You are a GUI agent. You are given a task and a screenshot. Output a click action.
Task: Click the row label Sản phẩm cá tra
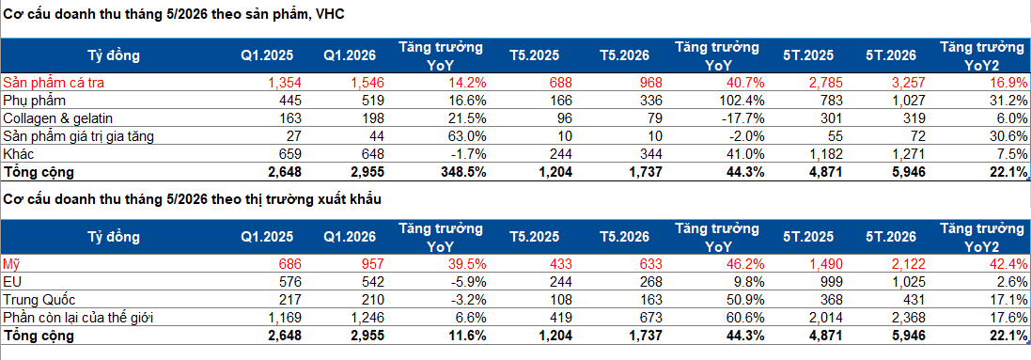click(54, 83)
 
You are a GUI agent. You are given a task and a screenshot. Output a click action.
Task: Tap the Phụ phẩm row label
click(35, 101)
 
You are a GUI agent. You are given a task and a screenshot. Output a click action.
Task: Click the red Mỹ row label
click(11, 264)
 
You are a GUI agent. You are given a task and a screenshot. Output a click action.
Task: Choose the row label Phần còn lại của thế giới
click(78, 319)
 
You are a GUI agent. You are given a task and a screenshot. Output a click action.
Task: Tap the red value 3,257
click(907, 83)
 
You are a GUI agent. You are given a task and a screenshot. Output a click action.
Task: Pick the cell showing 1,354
click(284, 83)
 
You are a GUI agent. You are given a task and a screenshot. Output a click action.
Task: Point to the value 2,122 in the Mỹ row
click(907, 264)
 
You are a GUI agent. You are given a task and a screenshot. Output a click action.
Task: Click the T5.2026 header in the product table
click(624, 56)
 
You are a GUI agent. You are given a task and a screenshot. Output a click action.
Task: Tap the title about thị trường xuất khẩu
click(192, 199)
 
